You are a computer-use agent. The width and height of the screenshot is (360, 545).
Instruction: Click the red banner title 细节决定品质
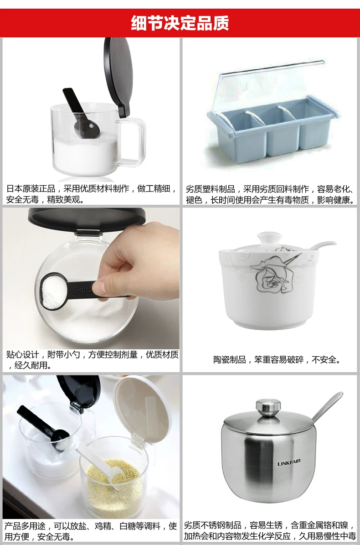click(x=180, y=23)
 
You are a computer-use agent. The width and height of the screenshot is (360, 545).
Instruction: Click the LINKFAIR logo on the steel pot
click(x=289, y=463)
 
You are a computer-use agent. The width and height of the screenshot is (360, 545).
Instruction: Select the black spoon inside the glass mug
click(x=80, y=113)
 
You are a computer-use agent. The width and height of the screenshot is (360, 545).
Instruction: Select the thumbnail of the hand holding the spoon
click(x=91, y=278)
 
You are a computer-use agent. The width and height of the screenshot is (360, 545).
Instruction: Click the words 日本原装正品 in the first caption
click(x=31, y=189)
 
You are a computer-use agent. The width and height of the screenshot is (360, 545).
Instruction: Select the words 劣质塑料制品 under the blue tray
click(x=211, y=189)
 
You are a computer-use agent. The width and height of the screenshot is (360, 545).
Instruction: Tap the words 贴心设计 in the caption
click(x=23, y=355)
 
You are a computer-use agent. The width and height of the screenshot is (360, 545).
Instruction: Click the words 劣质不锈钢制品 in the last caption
click(x=212, y=525)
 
